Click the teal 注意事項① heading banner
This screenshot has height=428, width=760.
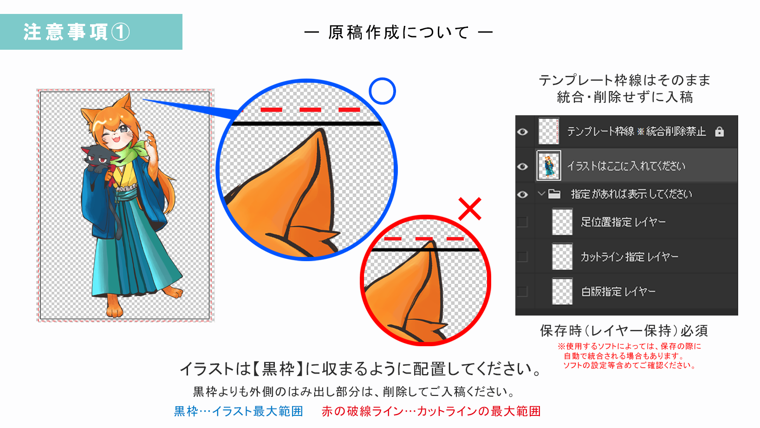[91, 32]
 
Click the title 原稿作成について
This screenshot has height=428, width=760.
[398, 33]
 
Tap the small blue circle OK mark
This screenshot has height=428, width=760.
[383, 91]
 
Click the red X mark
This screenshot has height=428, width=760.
[469, 209]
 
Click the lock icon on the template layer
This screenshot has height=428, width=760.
[719, 132]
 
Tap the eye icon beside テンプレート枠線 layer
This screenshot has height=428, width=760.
[522, 132]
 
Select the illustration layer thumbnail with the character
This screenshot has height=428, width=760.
[549, 165]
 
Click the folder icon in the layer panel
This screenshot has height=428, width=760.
[554, 194]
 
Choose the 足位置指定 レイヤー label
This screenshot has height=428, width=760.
[623, 222]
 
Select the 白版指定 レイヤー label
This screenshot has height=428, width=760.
[618, 291]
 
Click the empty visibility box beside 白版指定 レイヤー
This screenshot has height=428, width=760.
[522, 291]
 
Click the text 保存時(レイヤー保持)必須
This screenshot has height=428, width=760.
[624, 330]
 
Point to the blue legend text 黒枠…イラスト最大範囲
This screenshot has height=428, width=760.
[238, 411]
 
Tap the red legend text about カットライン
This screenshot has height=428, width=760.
[431, 411]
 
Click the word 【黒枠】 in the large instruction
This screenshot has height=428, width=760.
[278, 369]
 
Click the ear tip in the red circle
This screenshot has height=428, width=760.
[432, 242]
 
